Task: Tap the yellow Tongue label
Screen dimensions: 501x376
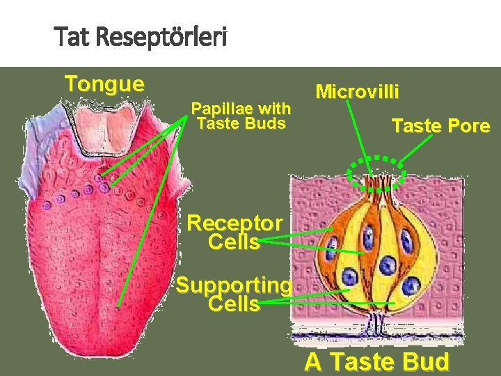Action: pyautogui.click(x=104, y=84)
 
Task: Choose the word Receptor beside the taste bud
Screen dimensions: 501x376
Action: pyautogui.click(x=235, y=224)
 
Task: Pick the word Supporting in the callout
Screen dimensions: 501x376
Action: pyautogui.click(x=233, y=285)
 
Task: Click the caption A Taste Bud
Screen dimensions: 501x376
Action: pyautogui.click(x=376, y=363)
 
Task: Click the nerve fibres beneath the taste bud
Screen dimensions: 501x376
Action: pyautogui.click(x=375, y=323)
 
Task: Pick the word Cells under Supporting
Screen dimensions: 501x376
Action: pyautogui.click(x=233, y=304)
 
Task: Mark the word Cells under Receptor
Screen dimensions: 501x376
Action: pyautogui.click(x=233, y=242)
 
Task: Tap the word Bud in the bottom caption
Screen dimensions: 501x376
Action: pyautogui.click(x=428, y=363)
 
